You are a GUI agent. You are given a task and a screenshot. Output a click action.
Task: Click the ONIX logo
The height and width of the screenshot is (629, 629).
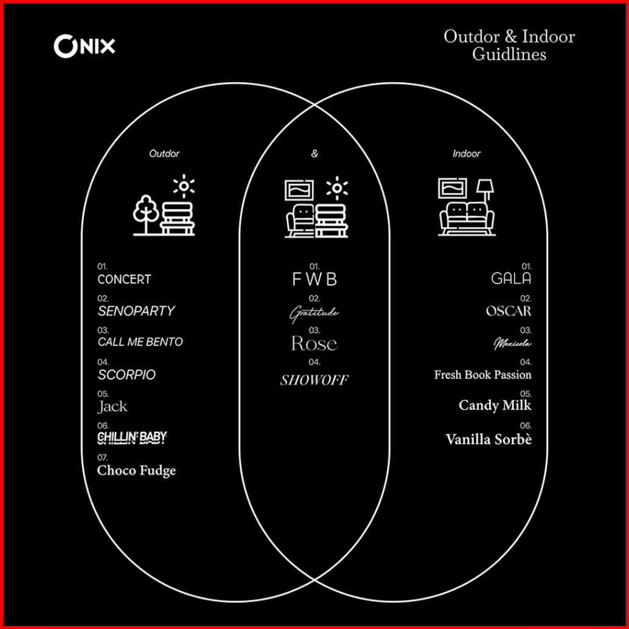tap(84, 46)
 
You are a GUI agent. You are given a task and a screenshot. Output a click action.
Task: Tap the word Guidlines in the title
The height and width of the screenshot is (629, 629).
tap(509, 54)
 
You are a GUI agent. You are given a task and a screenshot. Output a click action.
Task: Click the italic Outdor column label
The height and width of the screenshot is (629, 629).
tap(164, 154)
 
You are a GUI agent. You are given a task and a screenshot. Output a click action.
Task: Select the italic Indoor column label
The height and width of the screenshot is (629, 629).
tap(467, 154)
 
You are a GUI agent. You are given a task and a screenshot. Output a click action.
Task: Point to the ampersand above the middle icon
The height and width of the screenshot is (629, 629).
tap(314, 154)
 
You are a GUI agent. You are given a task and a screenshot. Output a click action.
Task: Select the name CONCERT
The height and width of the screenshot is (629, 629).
tap(124, 280)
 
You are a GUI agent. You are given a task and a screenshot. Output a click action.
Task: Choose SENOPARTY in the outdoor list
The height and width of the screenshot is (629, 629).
tap(136, 311)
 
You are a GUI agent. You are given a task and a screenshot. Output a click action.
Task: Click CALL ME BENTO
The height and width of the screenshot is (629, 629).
tap(141, 342)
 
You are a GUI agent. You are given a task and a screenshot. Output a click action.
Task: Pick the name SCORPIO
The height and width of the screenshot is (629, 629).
tap(127, 375)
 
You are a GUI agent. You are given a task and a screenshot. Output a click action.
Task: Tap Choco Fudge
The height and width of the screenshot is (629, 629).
tap(136, 470)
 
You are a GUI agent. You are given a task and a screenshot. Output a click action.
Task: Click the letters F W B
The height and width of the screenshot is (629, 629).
tap(314, 280)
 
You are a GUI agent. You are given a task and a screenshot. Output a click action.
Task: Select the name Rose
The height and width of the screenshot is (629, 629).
tap(314, 344)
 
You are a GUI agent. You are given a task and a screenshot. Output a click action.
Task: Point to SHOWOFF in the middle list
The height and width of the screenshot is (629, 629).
tap(314, 381)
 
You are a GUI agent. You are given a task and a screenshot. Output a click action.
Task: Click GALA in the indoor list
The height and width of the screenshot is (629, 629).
tap(511, 279)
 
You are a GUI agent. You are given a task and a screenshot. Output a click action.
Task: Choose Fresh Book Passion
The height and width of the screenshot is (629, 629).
tap(482, 375)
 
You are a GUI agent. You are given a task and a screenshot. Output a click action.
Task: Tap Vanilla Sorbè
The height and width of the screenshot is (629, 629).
tap(488, 439)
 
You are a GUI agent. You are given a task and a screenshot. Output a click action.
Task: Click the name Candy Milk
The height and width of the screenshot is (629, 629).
tap(495, 406)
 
